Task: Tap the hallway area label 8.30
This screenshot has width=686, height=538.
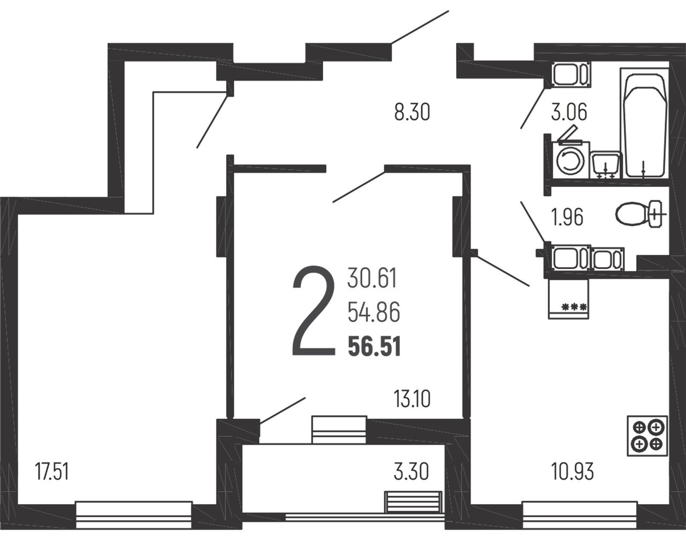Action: [x=412, y=112]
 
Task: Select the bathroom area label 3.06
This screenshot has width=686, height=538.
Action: [x=569, y=112]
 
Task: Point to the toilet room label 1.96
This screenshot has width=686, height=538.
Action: [x=567, y=217]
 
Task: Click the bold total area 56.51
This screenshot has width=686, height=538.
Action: [x=375, y=346]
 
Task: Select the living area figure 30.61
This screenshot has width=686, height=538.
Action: [x=372, y=278]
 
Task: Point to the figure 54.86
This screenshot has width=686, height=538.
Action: [x=374, y=312]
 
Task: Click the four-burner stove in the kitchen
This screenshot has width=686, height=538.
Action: [x=647, y=436]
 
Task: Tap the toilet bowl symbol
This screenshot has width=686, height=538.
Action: [x=641, y=214]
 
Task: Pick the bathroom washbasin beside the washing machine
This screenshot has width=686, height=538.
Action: [x=605, y=165]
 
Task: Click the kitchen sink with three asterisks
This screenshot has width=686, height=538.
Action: [x=569, y=299]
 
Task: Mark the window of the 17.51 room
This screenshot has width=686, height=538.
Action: [x=134, y=516]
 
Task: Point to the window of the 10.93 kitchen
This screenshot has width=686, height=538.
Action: [x=579, y=516]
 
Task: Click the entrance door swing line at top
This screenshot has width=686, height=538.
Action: [x=420, y=27]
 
